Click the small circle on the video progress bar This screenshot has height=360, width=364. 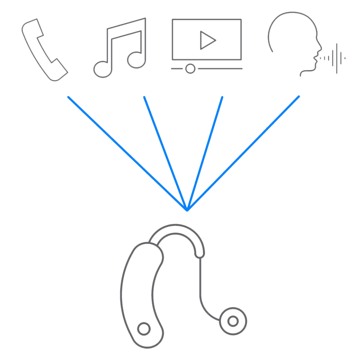tap(191, 68)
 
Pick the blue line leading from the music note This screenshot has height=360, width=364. tap(165, 153)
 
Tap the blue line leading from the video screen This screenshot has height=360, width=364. tap(205, 153)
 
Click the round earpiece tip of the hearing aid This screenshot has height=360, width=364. tap(233, 321)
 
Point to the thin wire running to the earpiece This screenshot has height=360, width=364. tap(200, 285)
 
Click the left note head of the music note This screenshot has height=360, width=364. tap(102, 68)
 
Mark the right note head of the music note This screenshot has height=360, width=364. tap(137, 59)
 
